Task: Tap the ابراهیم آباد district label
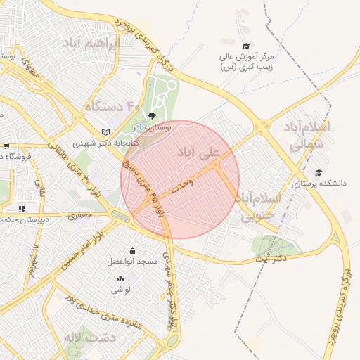point(91,44)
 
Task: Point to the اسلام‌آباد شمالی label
point(306,136)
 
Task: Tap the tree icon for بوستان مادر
point(153,116)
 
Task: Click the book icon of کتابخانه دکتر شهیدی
point(106,131)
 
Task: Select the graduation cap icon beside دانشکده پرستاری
point(319,172)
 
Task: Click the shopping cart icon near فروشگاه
point(6,146)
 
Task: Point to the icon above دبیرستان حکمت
point(22,208)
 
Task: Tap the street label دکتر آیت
point(271,259)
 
